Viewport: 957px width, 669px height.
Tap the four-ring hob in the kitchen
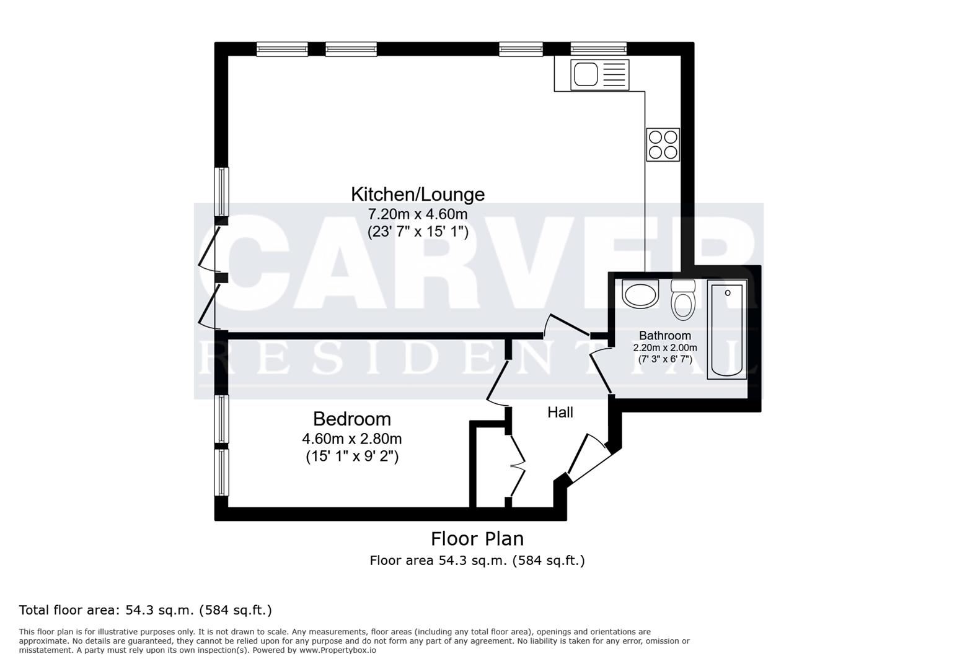663,144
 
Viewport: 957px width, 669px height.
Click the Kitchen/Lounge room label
418,195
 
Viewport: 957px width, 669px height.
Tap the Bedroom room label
351,419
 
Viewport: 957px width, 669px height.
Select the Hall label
560,413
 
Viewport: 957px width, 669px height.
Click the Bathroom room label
664,336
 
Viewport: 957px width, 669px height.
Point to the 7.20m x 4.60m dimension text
418,215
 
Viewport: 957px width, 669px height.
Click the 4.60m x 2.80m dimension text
351,439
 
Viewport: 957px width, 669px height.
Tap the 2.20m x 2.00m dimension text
664,348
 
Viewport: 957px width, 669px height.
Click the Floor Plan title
477,538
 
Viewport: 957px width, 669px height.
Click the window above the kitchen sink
598,49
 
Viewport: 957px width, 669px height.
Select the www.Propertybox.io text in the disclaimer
338,650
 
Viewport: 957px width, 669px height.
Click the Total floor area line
146,610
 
